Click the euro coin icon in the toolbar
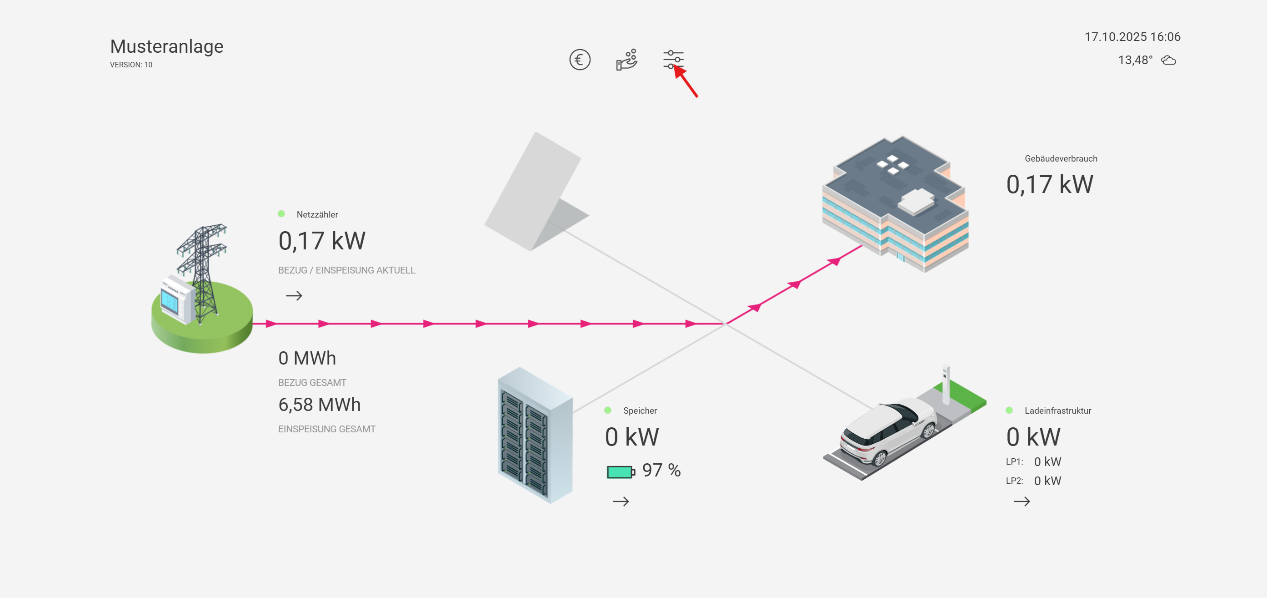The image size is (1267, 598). [x=580, y=60]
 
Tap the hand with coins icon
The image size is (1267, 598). [x=626, y=60]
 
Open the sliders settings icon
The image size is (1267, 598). [x=673, y=60]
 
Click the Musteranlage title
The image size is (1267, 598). [x=167, y=46]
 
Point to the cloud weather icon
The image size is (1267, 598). [x=1169, y=61]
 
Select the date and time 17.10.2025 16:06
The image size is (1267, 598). [x=1132, y=37]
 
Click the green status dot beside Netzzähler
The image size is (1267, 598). [x=281, y=213]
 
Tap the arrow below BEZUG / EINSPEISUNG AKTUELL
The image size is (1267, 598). [x=294, y=296]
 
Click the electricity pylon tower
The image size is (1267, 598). [x=203, y=271]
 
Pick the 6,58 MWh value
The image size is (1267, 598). [x=320, y=405]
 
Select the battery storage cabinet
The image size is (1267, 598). [x=535, y=435]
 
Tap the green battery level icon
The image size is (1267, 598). [x=620, y=472]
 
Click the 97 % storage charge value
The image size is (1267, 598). [x=661, y=471]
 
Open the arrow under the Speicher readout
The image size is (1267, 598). [x=621, y=502]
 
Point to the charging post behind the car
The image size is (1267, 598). [x=945, y=385]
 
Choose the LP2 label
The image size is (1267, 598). [x=1014, y=481]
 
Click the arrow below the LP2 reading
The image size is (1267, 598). [x=1022, y=502]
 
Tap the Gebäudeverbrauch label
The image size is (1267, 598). [x=1061, y=158]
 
